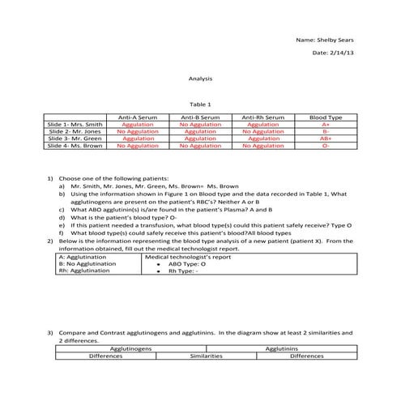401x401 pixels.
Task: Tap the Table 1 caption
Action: coord(199,105)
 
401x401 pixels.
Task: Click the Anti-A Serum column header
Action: coord(139,118)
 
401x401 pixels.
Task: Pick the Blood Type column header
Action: coord(326,118)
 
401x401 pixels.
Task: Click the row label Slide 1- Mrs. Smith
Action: coord(75,125)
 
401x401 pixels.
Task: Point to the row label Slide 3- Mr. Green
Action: coord(75,139)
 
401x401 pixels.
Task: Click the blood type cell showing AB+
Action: coord(326,139)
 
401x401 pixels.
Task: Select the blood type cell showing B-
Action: coord(326,131)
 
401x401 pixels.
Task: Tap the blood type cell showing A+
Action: coord(326,125)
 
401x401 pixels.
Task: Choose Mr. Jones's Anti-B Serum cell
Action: coord(200,131)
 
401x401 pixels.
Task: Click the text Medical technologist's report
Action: coord(187,256)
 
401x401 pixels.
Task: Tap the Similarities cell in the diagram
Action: coord(201,356)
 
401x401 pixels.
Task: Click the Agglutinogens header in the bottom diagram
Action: coord(130,348)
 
